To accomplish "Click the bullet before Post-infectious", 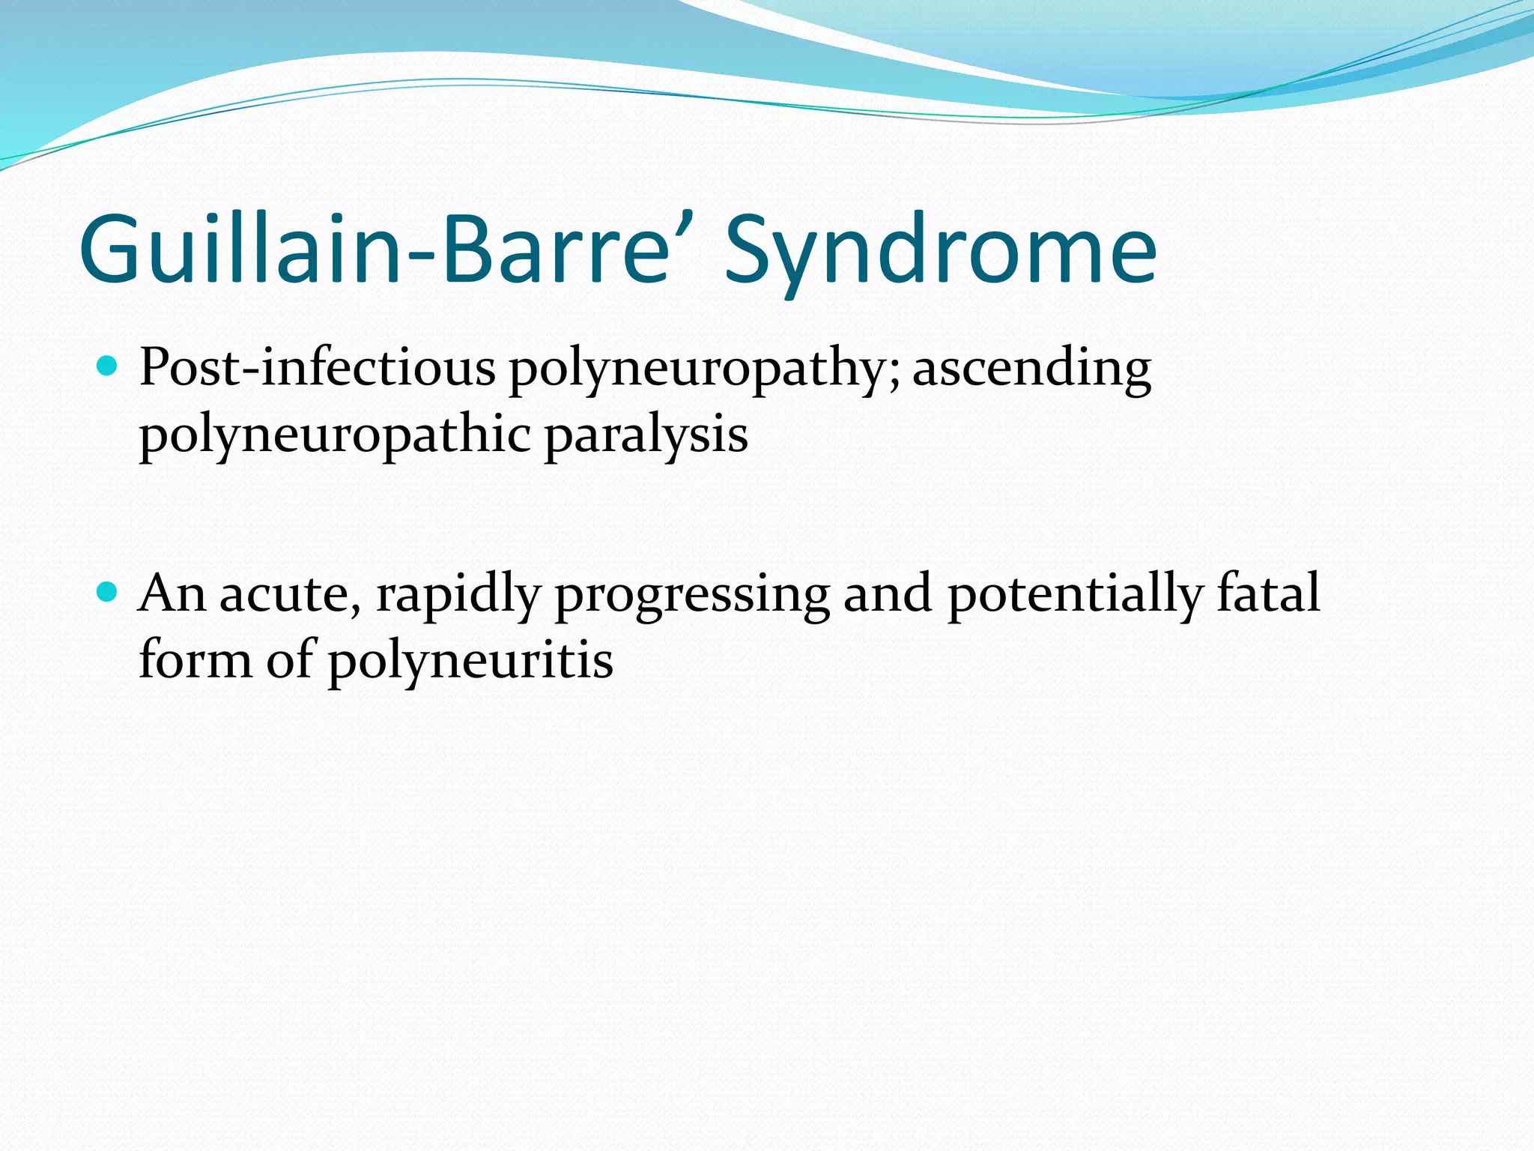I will [109, 366].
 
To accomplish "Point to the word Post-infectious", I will [317, 369].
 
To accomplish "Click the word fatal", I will [1268, 593].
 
